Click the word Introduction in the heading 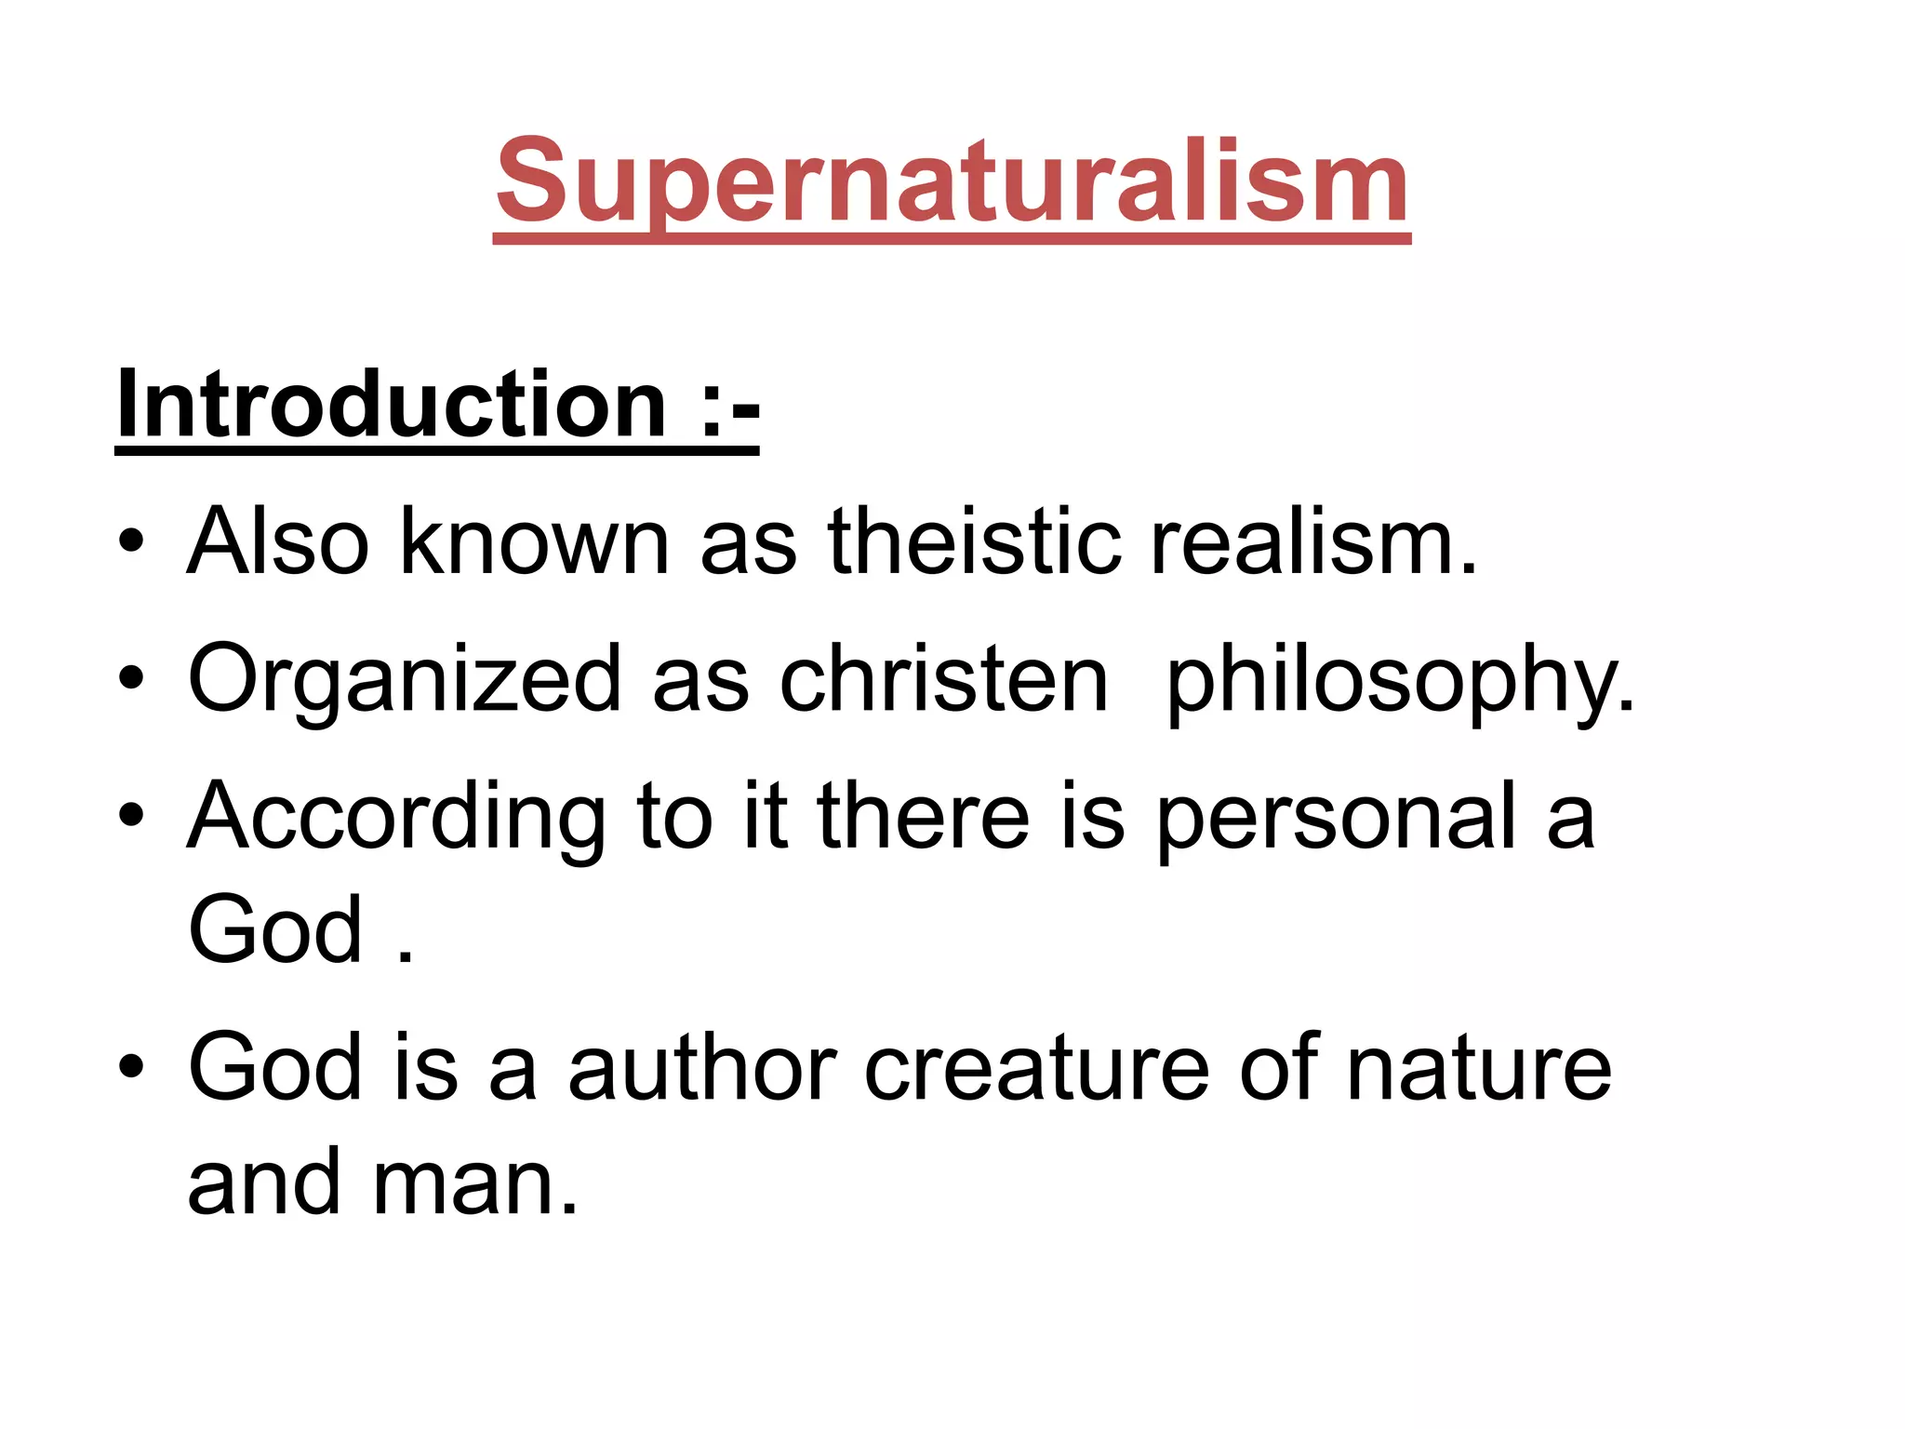[x=392, y=405]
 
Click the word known [x=534, y=541]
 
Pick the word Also [x=278, y=541]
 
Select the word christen [x=943, y=679]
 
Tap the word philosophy [x=1400, y=679]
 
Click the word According [x=396, y=816]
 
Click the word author [x=702, y=1068]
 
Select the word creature [x=1037, y=1068]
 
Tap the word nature [x=1478, y=1068]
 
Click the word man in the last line [x=475, y=1183]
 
